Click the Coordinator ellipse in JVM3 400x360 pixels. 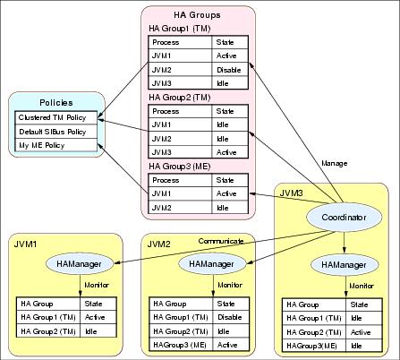(344, 218)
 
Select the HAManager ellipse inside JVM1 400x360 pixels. (80, 264)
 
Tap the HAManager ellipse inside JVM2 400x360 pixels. (211, 264)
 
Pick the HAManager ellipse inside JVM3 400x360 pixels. (344, 265)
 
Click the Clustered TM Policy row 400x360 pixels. (56, 117)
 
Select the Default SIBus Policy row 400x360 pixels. (56, 132)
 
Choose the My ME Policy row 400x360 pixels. (56, 145)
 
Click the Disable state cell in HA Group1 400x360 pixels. (230, 70)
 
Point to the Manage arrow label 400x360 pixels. (335, 163)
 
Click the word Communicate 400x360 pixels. (221, 241)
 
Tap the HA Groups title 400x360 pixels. (197, 15)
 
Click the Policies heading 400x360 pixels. (56, 103)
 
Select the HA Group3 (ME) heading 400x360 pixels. (180, 167)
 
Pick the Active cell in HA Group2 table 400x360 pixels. (230, 152)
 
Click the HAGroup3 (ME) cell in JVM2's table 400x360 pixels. (181, 345)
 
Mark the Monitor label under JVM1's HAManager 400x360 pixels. (97, 285)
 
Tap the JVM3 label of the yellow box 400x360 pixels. (291, 193)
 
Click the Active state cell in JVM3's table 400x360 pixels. (364, 332)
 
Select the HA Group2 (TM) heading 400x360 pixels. (180, 98)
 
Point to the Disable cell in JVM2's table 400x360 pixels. (231, 317)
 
